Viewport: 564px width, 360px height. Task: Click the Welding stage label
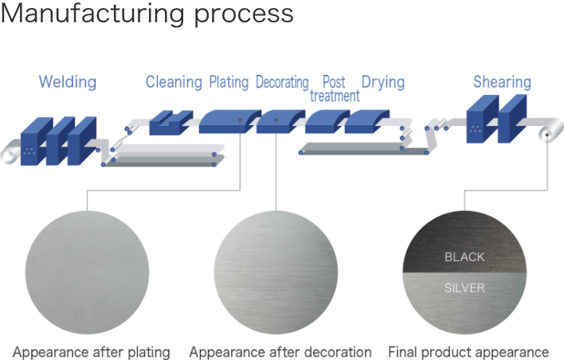(68, 82)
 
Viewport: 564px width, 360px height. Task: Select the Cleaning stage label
(174, 82)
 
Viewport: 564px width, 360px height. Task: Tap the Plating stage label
(229, 82)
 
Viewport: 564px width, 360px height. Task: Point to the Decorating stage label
(282, 82)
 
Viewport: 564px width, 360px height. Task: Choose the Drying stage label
(383, 82)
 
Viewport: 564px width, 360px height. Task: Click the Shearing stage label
(502, 82)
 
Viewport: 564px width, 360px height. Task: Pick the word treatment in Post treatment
(335, 96)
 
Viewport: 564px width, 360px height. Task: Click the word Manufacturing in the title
(93, 14)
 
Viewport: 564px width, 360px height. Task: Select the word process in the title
(244, 15)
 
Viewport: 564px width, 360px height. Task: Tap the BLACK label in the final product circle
(464, 256)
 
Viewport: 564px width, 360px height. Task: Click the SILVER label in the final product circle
(464, 288)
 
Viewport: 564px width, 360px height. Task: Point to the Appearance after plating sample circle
(87, 272)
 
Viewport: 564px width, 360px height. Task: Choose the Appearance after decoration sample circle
(276, 272)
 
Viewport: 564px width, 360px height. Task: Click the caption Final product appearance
(468, 352)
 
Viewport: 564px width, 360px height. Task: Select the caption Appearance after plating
(92, 352)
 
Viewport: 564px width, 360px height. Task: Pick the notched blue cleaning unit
(171, 123)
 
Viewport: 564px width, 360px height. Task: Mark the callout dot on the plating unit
(240, 119)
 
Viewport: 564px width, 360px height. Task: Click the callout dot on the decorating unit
(276, 119)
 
